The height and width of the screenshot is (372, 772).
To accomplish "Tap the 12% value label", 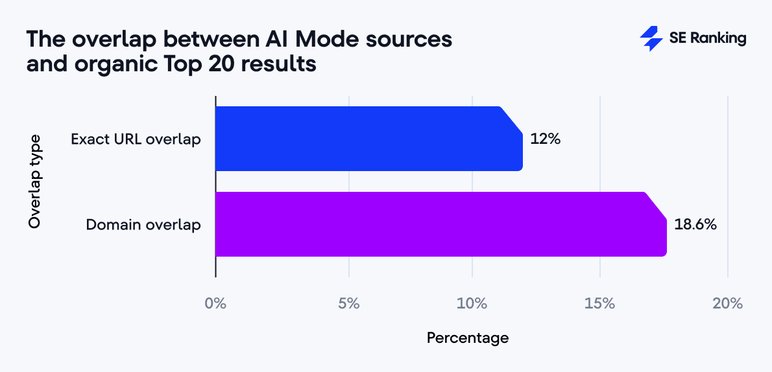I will pos(545,139).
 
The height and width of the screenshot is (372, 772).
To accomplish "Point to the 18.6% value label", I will pos(695,225).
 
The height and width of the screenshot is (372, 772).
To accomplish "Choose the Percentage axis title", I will pos(467,338).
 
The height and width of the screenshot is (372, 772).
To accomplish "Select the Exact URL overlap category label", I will pos(136,139).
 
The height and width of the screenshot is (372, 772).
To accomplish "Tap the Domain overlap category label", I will pos(143,225).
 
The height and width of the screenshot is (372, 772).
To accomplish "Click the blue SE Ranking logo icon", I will pos(651,39).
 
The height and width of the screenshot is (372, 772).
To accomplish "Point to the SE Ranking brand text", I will pos(707,39).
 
